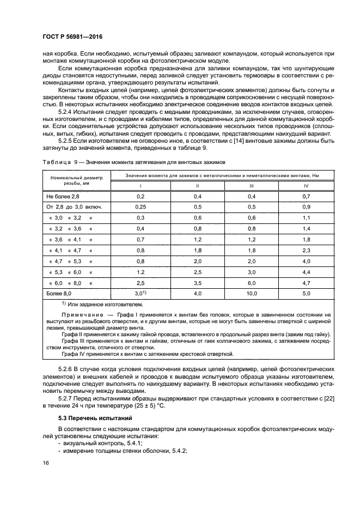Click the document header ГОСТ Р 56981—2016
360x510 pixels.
coord(73,36)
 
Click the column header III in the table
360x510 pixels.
coord(251,186)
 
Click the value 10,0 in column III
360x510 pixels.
coord(251,293)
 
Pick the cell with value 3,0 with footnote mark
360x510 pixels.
coord(141,293)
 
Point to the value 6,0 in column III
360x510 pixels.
coord(251,283)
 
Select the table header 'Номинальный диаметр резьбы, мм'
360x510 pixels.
coord(76,181)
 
